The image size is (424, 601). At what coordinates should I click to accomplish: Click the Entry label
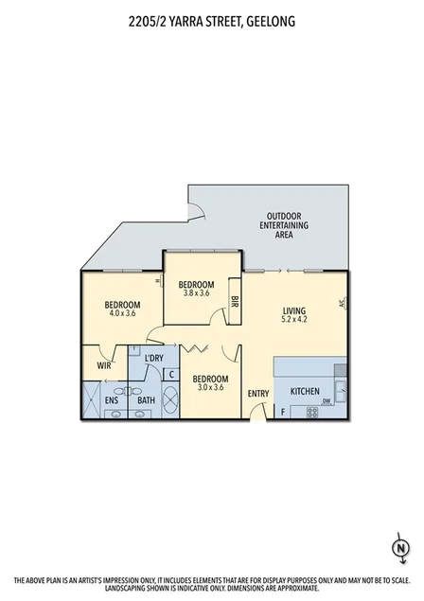pyautogui.click(x=257, y=394)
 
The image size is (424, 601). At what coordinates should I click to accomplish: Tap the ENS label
pyautogui.click(x=112, y=401)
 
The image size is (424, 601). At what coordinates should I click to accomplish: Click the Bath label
pyautogui.click(x=147, y=401)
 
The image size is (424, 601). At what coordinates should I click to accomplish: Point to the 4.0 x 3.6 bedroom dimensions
pyautogui.click(x=123, y=313)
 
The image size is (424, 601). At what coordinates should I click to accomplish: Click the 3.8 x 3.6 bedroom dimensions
pyautogui.click(x=197, y=293)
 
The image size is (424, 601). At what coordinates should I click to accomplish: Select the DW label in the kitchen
pyautogui.click(x=327, y=401)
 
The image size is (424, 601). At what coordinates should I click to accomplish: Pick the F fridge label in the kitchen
pyautogui.click(x=282, y=413)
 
